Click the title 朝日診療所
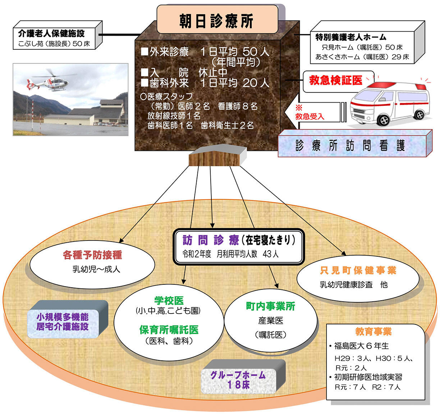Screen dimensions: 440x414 [x=216, y=21]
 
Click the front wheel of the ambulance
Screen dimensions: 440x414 [x=384, y=120]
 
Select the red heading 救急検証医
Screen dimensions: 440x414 [x=336, y=80]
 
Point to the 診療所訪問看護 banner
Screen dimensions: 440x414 [x=354, y=145]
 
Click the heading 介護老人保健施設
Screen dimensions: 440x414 [x=51, y=33]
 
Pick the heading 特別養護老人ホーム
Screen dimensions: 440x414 [x=351, y=37]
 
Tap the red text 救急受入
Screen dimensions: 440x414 [x=310, y=117]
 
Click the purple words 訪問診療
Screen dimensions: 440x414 [x=211, y=240]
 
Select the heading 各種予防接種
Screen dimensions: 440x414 [x=92, y=255]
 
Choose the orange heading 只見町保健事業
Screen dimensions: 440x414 [x=358, y=271]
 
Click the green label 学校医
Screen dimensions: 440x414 [x=169, y=301]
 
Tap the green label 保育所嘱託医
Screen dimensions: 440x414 [x=169, y=330]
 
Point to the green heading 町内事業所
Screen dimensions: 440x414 [x=271, y=306]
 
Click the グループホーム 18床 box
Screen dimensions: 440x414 [x=239, y=381]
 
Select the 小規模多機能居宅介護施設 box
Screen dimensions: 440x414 [x=63, y=321]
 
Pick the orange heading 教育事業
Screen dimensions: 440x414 [x=373, y=332]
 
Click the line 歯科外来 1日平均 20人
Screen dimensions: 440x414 [x=205, y=83]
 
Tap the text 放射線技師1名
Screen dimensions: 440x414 [x=174, y=116]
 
